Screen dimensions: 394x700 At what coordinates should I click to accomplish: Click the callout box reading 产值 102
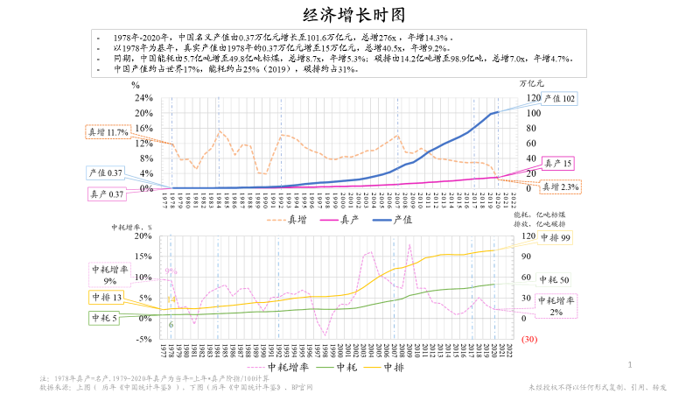(x=559, y=99)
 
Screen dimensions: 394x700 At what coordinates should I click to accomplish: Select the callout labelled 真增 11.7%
(x=107, y=132)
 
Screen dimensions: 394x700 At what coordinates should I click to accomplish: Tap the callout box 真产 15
(x=558, y=164)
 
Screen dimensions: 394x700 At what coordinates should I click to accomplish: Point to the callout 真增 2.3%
(x=559, y=186)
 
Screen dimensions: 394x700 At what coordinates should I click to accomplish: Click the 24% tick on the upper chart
(x=143, y=97)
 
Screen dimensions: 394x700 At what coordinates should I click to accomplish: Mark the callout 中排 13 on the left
(x=105, y=298)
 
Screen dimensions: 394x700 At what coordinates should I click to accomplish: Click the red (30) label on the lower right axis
(x=528, y=339)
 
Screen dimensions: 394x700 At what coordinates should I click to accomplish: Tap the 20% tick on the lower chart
(x=142, y=236)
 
